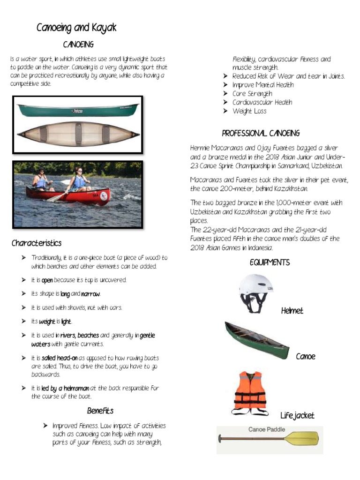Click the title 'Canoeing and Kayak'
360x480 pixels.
(x=76, y=28)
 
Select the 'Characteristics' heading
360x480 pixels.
(x=37, y=243)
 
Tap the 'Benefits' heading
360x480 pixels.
(x=100, y=411)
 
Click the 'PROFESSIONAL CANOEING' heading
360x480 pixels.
(x=261, y=134)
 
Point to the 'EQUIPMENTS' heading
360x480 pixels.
(x=270, y=262)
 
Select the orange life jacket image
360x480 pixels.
(x=250, y=392)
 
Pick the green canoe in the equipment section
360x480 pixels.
(x=256, y=340)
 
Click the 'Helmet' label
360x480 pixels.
(x=292, y=311)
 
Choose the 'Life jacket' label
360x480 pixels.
(x=297, y=416)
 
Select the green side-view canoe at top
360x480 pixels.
(x=78, y=110)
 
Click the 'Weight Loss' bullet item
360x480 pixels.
(x=249, y=111)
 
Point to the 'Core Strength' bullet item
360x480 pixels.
(x=252, y=94)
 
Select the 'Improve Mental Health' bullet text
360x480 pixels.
(x=263, y=85)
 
